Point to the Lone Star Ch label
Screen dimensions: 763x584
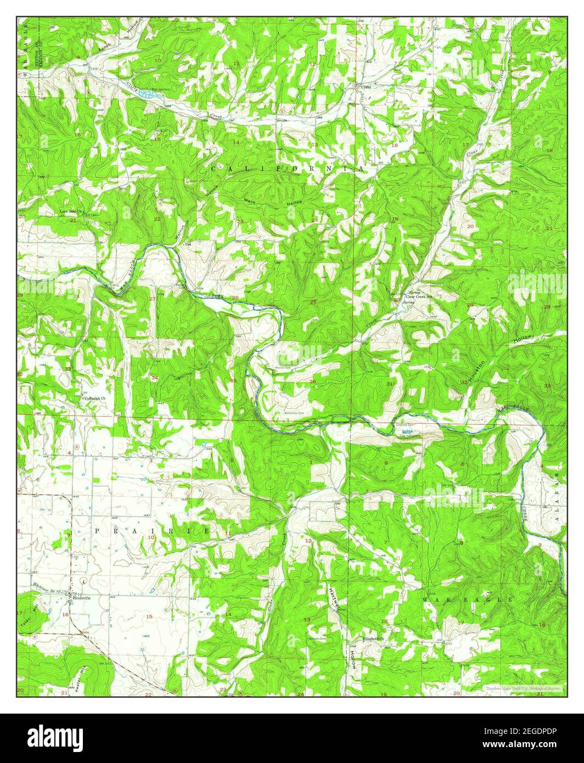[71, 211]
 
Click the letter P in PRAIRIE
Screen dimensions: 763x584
[98, 531]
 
